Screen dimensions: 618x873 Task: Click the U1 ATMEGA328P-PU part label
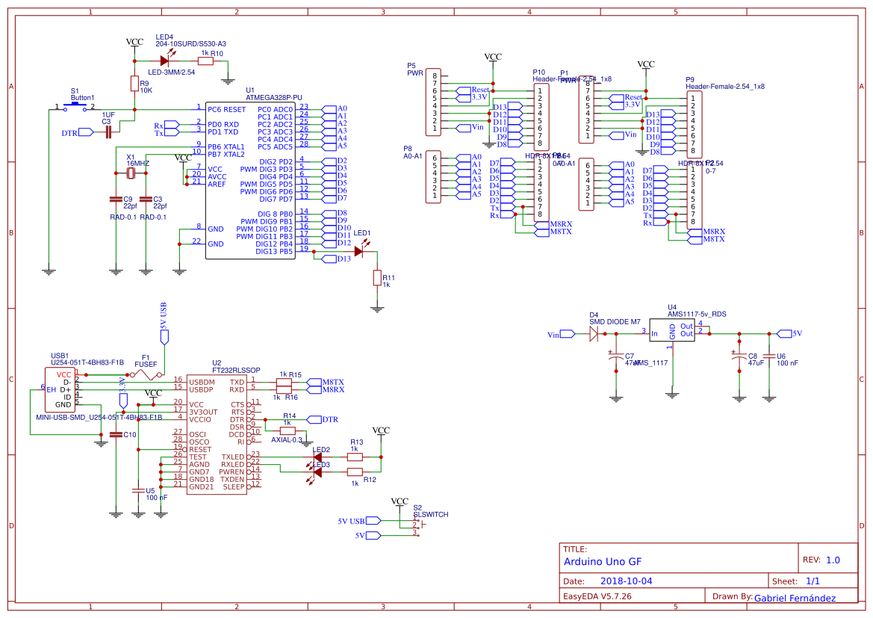pos(273,97)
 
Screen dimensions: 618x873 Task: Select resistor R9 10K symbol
pos(134,84)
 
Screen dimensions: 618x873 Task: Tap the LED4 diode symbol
pos(164,61)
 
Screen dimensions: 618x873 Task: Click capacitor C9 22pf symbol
pos(116,200)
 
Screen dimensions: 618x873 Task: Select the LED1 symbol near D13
pos(359,252)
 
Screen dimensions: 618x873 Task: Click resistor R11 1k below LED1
pos(377,278)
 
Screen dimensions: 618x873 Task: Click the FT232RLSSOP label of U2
pos(236,370)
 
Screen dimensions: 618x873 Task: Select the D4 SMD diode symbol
pos(594,334)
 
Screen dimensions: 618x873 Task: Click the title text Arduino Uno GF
pos(602,561)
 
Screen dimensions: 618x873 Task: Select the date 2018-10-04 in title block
pos(626,581)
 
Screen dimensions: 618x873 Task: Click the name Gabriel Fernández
pos(795,598)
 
